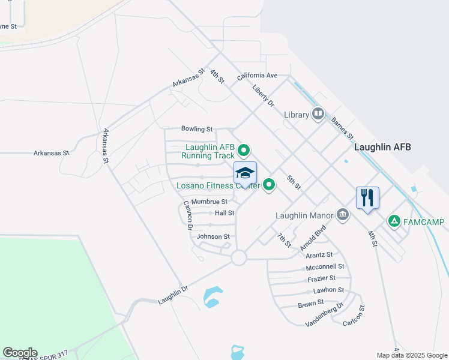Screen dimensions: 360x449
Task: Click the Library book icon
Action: point(318,114)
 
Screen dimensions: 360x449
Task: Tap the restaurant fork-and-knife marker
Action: point(368,197)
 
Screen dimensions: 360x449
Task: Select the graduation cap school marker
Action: point(245,173)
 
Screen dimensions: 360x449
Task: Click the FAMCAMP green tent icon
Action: point(394,221)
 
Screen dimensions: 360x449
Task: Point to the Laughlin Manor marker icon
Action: point(342,214)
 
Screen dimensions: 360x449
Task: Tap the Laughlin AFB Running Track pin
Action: point(244,150)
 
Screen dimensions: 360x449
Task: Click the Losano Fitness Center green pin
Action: point(270,185)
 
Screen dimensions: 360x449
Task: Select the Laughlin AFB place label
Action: point(382,147)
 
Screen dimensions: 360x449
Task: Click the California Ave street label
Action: point(257,76)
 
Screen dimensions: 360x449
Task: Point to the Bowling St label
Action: point(197,129)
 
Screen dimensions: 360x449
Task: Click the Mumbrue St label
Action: point(209,202)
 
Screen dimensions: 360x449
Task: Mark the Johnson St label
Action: point(213,237)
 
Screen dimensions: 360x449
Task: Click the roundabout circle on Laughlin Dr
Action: point(239,258)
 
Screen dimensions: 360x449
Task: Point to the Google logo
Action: point(20,353)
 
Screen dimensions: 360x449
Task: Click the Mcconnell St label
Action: point(325,266)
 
